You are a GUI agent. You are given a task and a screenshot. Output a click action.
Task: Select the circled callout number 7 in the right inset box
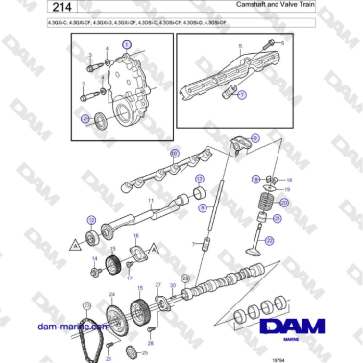(241, 95)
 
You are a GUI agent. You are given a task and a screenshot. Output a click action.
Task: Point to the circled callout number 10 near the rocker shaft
(174, 153)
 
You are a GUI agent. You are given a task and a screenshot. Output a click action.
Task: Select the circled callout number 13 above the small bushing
(199, 181)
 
